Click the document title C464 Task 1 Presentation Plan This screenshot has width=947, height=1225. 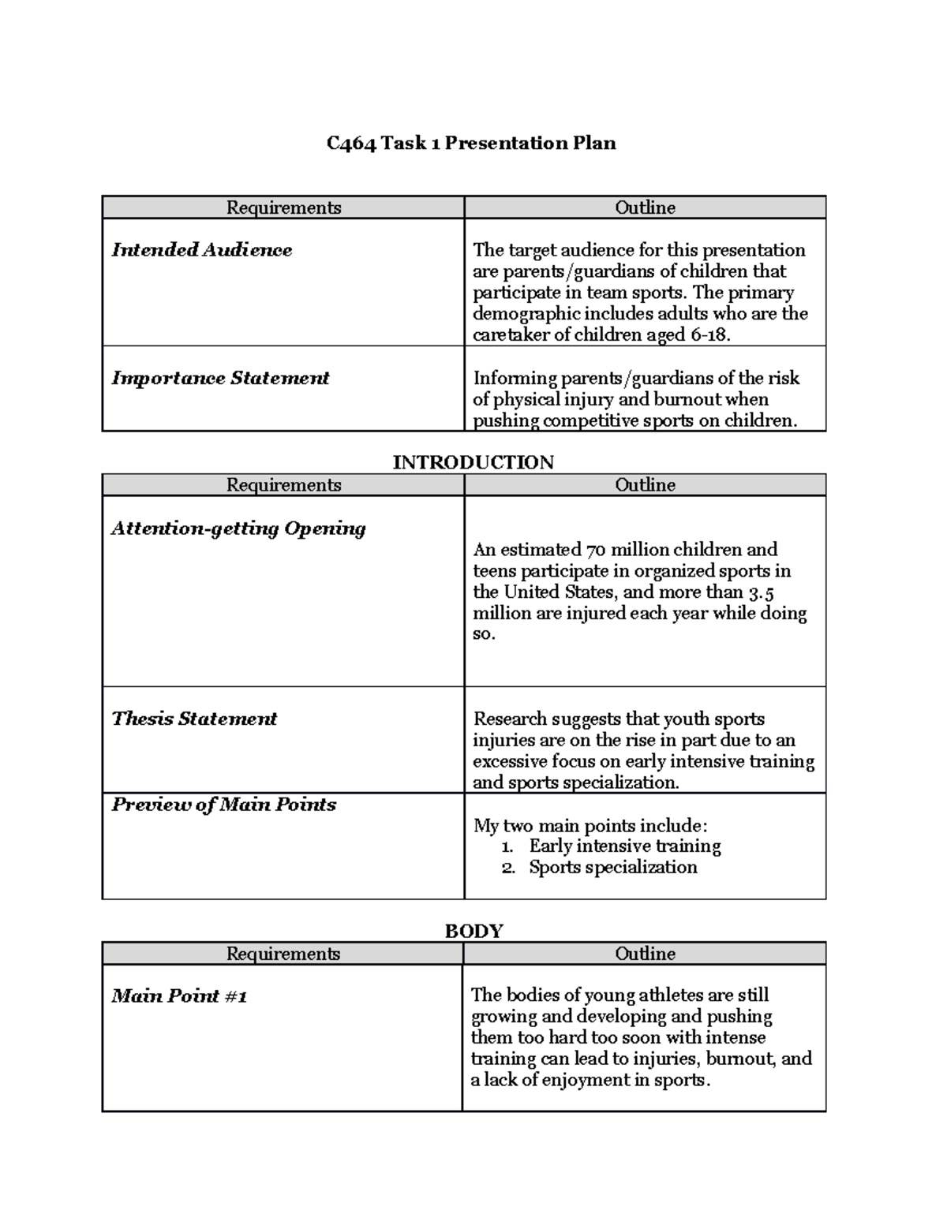[x=471, y=143]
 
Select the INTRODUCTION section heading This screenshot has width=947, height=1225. [x=473, y=462]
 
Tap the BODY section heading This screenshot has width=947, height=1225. [x=473, y=931]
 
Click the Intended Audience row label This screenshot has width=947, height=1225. [x=202, y=250]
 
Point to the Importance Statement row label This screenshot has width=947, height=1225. [x=220, y=378]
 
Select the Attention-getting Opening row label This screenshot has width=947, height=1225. [x=238, y=528]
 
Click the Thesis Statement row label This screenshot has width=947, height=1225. [x=194, y=719]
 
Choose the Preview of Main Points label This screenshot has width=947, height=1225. [x=224, y=805]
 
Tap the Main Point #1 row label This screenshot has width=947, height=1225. [x=179, y=996]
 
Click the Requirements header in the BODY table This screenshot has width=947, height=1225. [x=283, y=954]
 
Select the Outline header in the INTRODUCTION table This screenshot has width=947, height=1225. [x=645, y=485]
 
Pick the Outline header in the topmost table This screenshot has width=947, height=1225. [x=645, y=207]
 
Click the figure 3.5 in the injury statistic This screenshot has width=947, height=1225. [x=761, y=592]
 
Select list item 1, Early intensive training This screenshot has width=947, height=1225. [x=624, y=846]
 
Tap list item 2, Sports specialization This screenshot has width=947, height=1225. [x=612, y=868]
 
